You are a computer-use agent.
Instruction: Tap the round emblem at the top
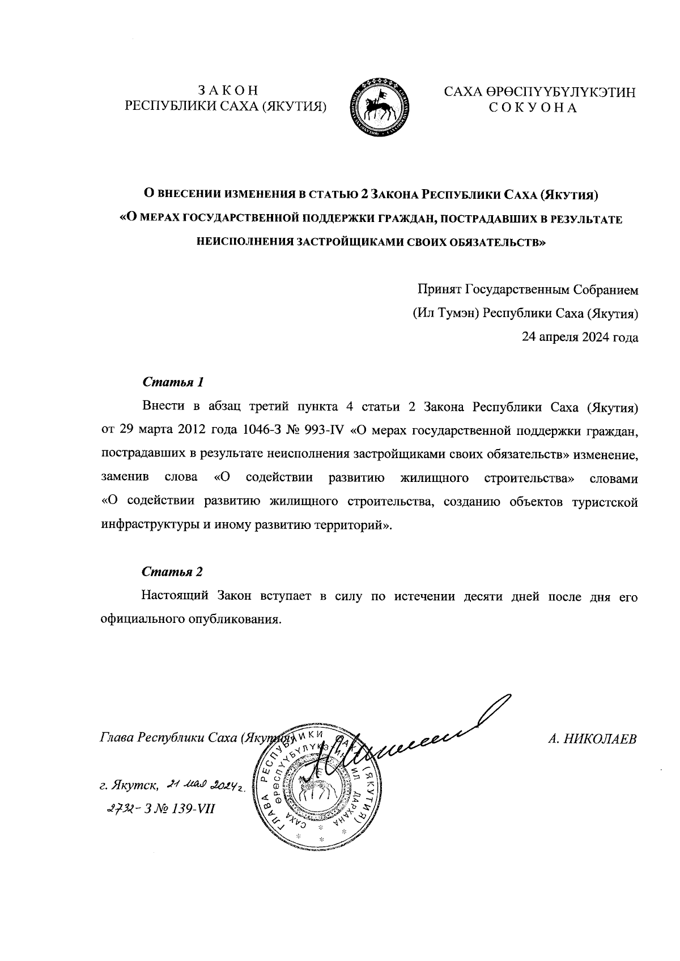(380, 108)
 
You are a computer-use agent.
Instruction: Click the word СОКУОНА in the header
(533, 108)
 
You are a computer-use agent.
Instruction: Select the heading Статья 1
(173, 382)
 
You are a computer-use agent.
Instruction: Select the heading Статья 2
(172, 571)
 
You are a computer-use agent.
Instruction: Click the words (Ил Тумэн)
(445, 313)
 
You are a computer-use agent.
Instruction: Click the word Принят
(439, 290)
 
